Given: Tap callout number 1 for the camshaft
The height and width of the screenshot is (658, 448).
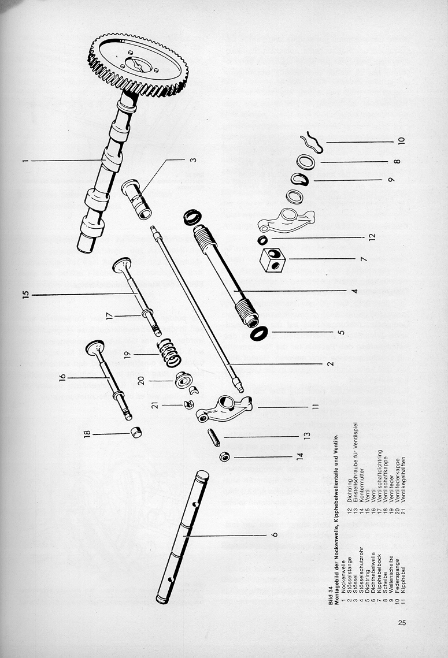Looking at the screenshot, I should pyautogui.click(x=25, y=161).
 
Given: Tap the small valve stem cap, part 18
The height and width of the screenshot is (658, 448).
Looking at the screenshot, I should pyautogui.click(x=137, y=432).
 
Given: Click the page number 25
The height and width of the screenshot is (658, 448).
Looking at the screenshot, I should pyautogui.click(x=403, y=622).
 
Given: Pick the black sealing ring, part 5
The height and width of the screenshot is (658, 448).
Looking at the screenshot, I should pyautogui.click(x=259, y=333).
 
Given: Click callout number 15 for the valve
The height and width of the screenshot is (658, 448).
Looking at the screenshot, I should pyautogui.click(x=25, y=295).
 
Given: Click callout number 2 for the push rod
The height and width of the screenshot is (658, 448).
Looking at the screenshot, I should pyautogui.click(x=329, y=364).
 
